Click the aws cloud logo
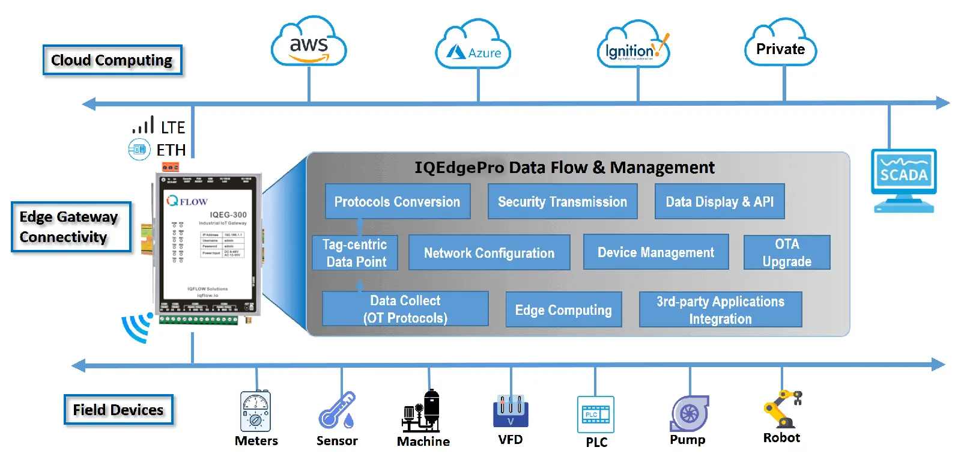(309, 43)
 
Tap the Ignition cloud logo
(634, 47)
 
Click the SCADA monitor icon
(903, 177)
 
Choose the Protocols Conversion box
(397, 202)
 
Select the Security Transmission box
(562, 202)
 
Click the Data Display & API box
(720, 202)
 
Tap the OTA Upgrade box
(787, 252)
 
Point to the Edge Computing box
(563, 310)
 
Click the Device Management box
(656, 252)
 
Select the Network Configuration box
(489, 253)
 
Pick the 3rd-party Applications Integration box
(720, 310)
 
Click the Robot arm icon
(781, 409)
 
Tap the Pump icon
(689, 413)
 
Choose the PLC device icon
(596, 415)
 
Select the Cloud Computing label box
(112, 60)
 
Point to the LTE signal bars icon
(144, 125)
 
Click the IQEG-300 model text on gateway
(228, 214)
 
